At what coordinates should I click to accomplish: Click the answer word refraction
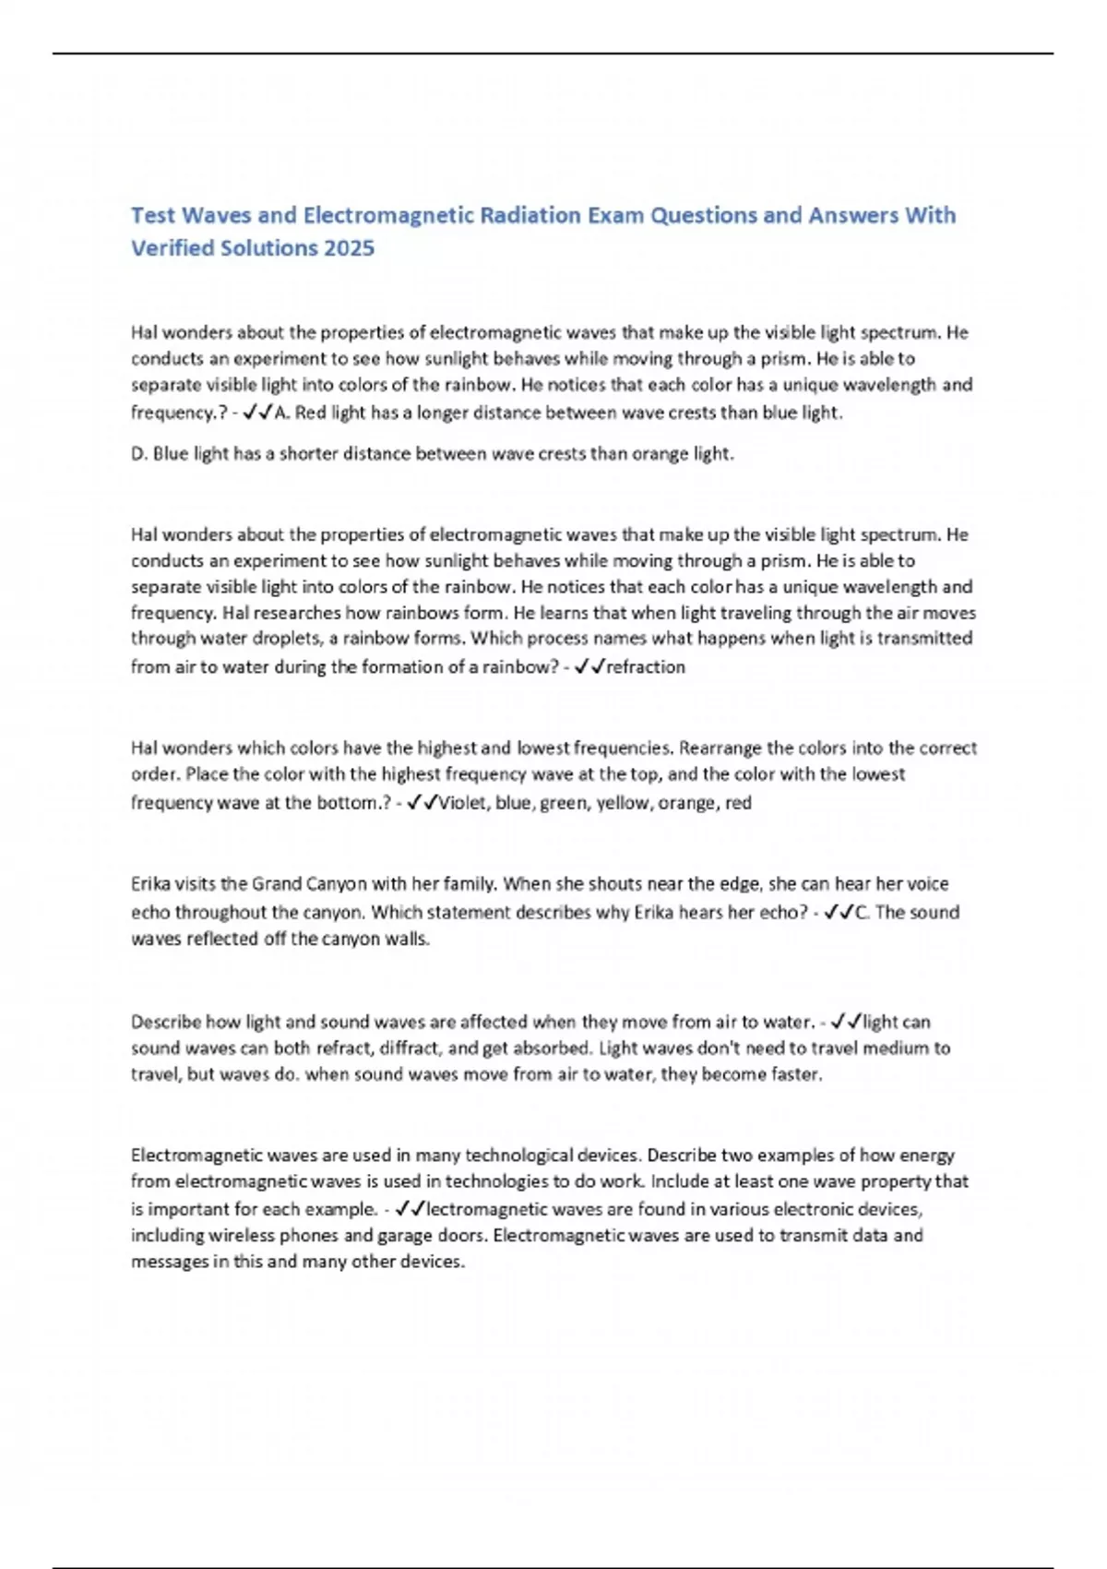tap(646, 666)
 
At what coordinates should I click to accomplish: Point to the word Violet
tap(464, 803)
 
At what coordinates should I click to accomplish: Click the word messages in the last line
tap(170, 1261)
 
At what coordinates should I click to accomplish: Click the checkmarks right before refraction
tap(589, 666)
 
